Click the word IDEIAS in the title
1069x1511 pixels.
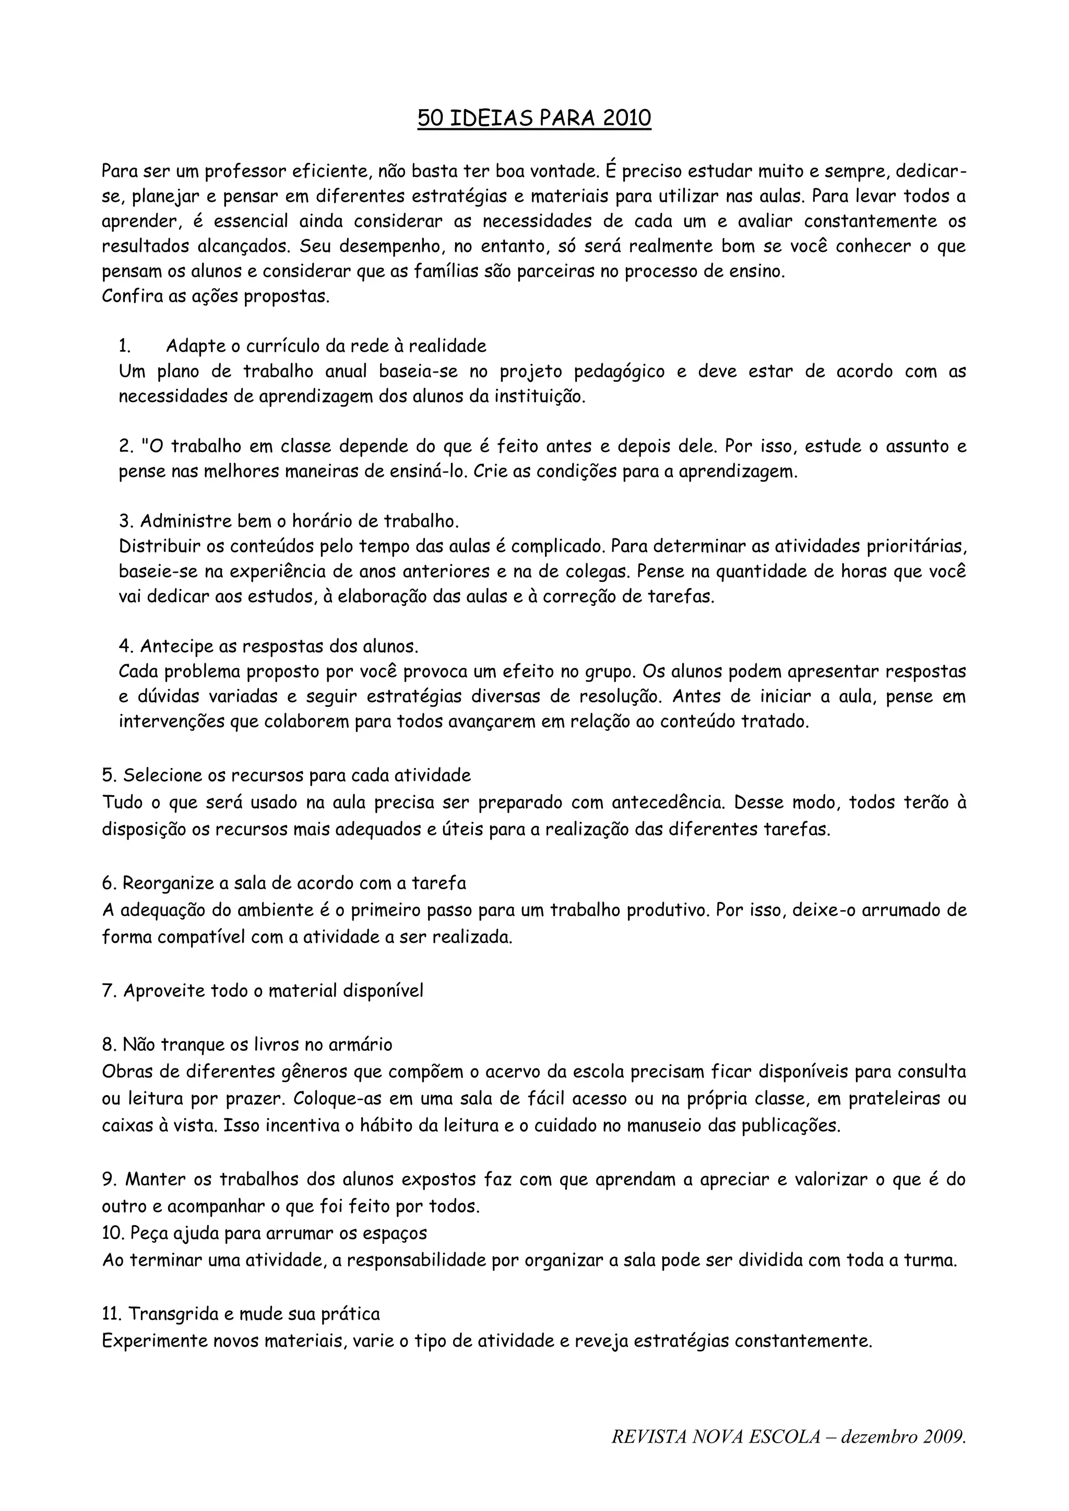(492, 118)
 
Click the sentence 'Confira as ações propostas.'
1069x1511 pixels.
(215, 297)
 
